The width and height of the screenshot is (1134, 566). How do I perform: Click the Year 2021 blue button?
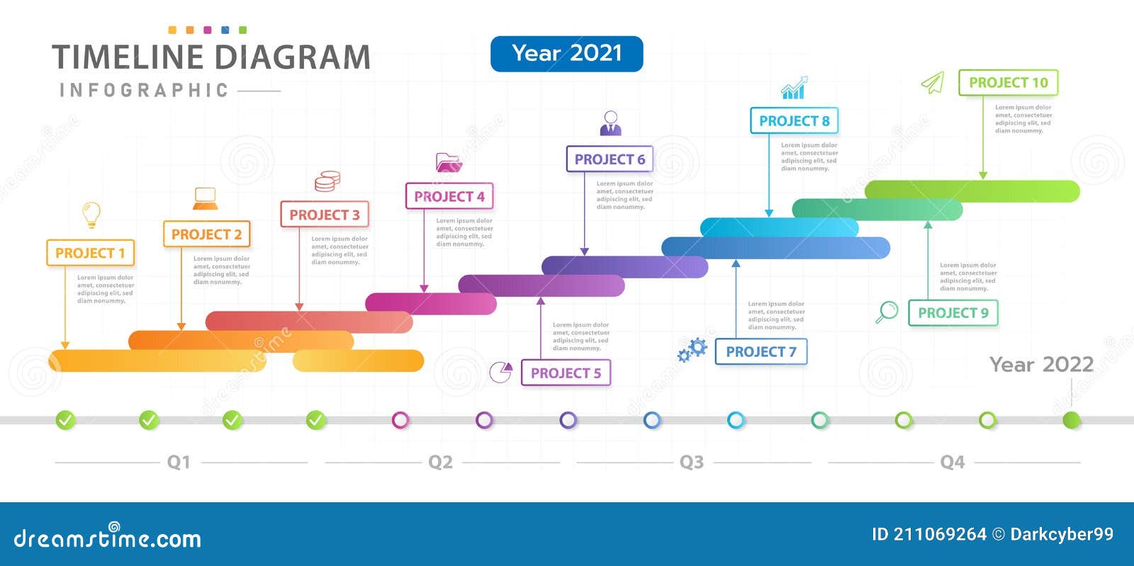pyautogui.click(x=566, y=54)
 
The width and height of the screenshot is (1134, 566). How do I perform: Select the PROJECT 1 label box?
pyautogui.click(x=90, y=253)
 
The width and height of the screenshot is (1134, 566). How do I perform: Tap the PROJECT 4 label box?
pyautogui.click(x=449, y=196)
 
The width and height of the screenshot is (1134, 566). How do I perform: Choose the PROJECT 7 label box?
pyautogui.click(x=761, y=351)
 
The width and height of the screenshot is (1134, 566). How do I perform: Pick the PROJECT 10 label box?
pyautogui.click(x=1008, y=83)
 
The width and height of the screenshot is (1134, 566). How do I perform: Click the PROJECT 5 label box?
pyautogui.click(x=566, y=373)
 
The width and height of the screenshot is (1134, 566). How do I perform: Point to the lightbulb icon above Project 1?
pyautogui.click(x=91, y=214)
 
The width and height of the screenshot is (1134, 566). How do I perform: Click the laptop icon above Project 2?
pyautogui.click(x=206, y=199)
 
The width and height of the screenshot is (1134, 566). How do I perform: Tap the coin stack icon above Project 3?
pyautogui.click(x=327, y=181)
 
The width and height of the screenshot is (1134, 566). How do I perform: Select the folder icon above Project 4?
pyautogui.click(x=449, y=163)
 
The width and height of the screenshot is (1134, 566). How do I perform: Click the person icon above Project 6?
pyautogui.click(x=610, y=123)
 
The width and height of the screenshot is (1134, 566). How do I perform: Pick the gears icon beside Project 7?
pyautogui.click(x=692, y=349)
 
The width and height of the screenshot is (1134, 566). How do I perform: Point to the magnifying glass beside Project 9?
pyautogui.click(x=887, y=312)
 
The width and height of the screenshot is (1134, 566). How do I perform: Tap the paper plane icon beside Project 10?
pyautogui.click(x=933, y=83)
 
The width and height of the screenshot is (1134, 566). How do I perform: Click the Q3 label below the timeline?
pyautogui.click(x=692, y=462)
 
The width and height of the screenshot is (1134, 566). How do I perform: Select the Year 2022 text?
pyautogui.click(x=1041, y=365)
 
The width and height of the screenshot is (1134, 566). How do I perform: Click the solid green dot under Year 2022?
pyautogui.click(x=1072, y=420)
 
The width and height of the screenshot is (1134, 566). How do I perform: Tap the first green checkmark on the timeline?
pyautogui.click(x=65, y=420)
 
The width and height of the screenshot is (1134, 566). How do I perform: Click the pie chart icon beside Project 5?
pyautogui.click(x=501, y=372)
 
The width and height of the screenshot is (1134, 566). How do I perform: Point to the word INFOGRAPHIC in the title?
pyautogui.click(x=145, y=91)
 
